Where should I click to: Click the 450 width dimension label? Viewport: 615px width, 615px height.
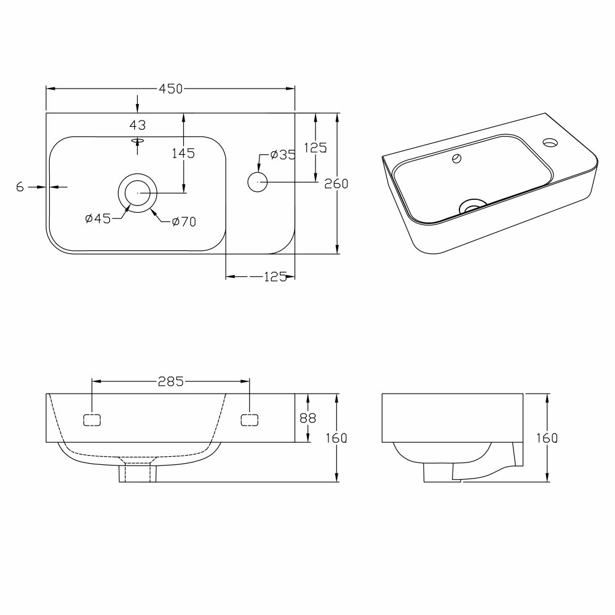pos(171,89)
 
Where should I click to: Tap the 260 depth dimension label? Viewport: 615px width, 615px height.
pos(336,183)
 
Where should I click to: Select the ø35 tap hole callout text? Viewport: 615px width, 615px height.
pos(283,155)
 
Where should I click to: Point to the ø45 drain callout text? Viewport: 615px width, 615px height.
pos(98,218)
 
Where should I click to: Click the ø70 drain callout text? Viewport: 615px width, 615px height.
pos(184,222)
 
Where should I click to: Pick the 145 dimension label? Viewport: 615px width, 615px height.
pos(183,153)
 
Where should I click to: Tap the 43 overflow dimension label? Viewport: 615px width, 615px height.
pos(138,125)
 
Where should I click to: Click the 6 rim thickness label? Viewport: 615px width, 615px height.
pos(20,187)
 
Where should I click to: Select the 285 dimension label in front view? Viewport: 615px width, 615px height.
pos(170,381)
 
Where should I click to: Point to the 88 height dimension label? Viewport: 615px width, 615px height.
pos(308,418)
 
